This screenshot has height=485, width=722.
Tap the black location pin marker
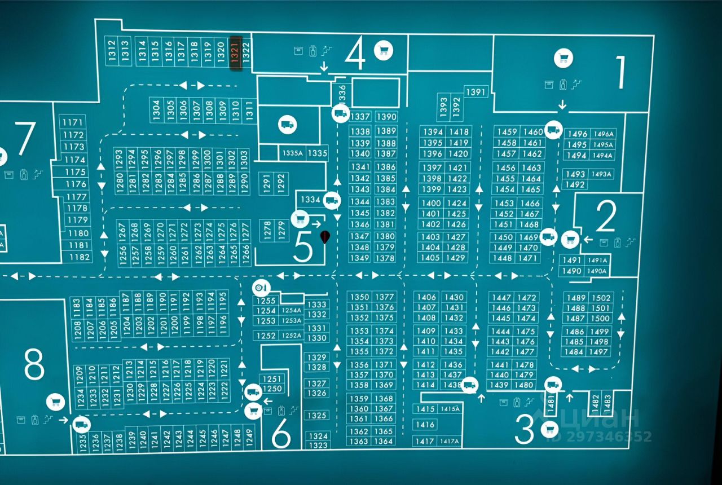(x=325, y=237)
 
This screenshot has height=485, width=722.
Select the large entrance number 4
(x=355, y=55)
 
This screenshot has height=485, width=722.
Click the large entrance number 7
(x=25, y=138)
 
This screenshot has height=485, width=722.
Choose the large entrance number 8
(x=34, y=365)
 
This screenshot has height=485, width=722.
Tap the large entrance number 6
(x=281, y=434)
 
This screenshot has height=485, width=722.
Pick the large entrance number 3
(x=525, y=431)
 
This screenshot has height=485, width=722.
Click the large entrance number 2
(x=606, y=217)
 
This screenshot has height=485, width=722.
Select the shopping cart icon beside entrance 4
(x=384, y=50)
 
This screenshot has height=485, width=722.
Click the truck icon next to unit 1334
(x=332, y=200)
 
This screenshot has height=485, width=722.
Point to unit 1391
(x=476, y=92)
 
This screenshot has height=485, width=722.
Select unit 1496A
(x=604, y=134)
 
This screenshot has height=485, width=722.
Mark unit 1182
(x=80, y=257)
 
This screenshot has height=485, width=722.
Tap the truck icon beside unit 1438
(x=469, y=386)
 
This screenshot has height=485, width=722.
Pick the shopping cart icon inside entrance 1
(x=563, y=57)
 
